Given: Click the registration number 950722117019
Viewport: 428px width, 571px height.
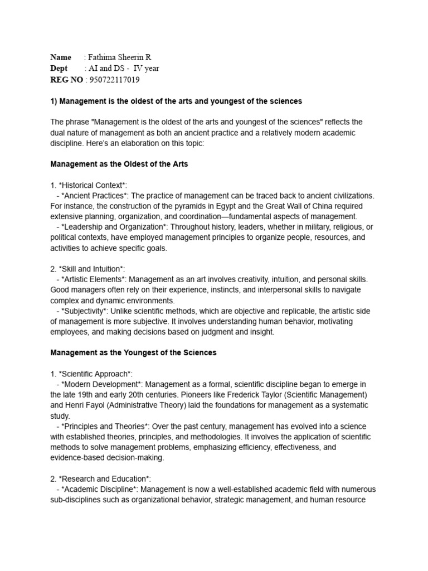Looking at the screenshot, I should pos(114,80).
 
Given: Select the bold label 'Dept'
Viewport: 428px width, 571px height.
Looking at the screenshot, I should pos(60,69).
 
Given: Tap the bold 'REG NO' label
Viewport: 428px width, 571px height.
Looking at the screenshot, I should pos(66,80).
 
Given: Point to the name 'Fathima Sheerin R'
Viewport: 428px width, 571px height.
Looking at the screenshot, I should pos(120,57).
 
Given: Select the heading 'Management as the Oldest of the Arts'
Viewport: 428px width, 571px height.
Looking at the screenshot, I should pos(119,164).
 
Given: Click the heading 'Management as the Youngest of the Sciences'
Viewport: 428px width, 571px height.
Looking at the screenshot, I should pos(133,352).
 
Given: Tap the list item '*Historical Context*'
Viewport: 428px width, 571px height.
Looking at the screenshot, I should pos(93,185).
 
